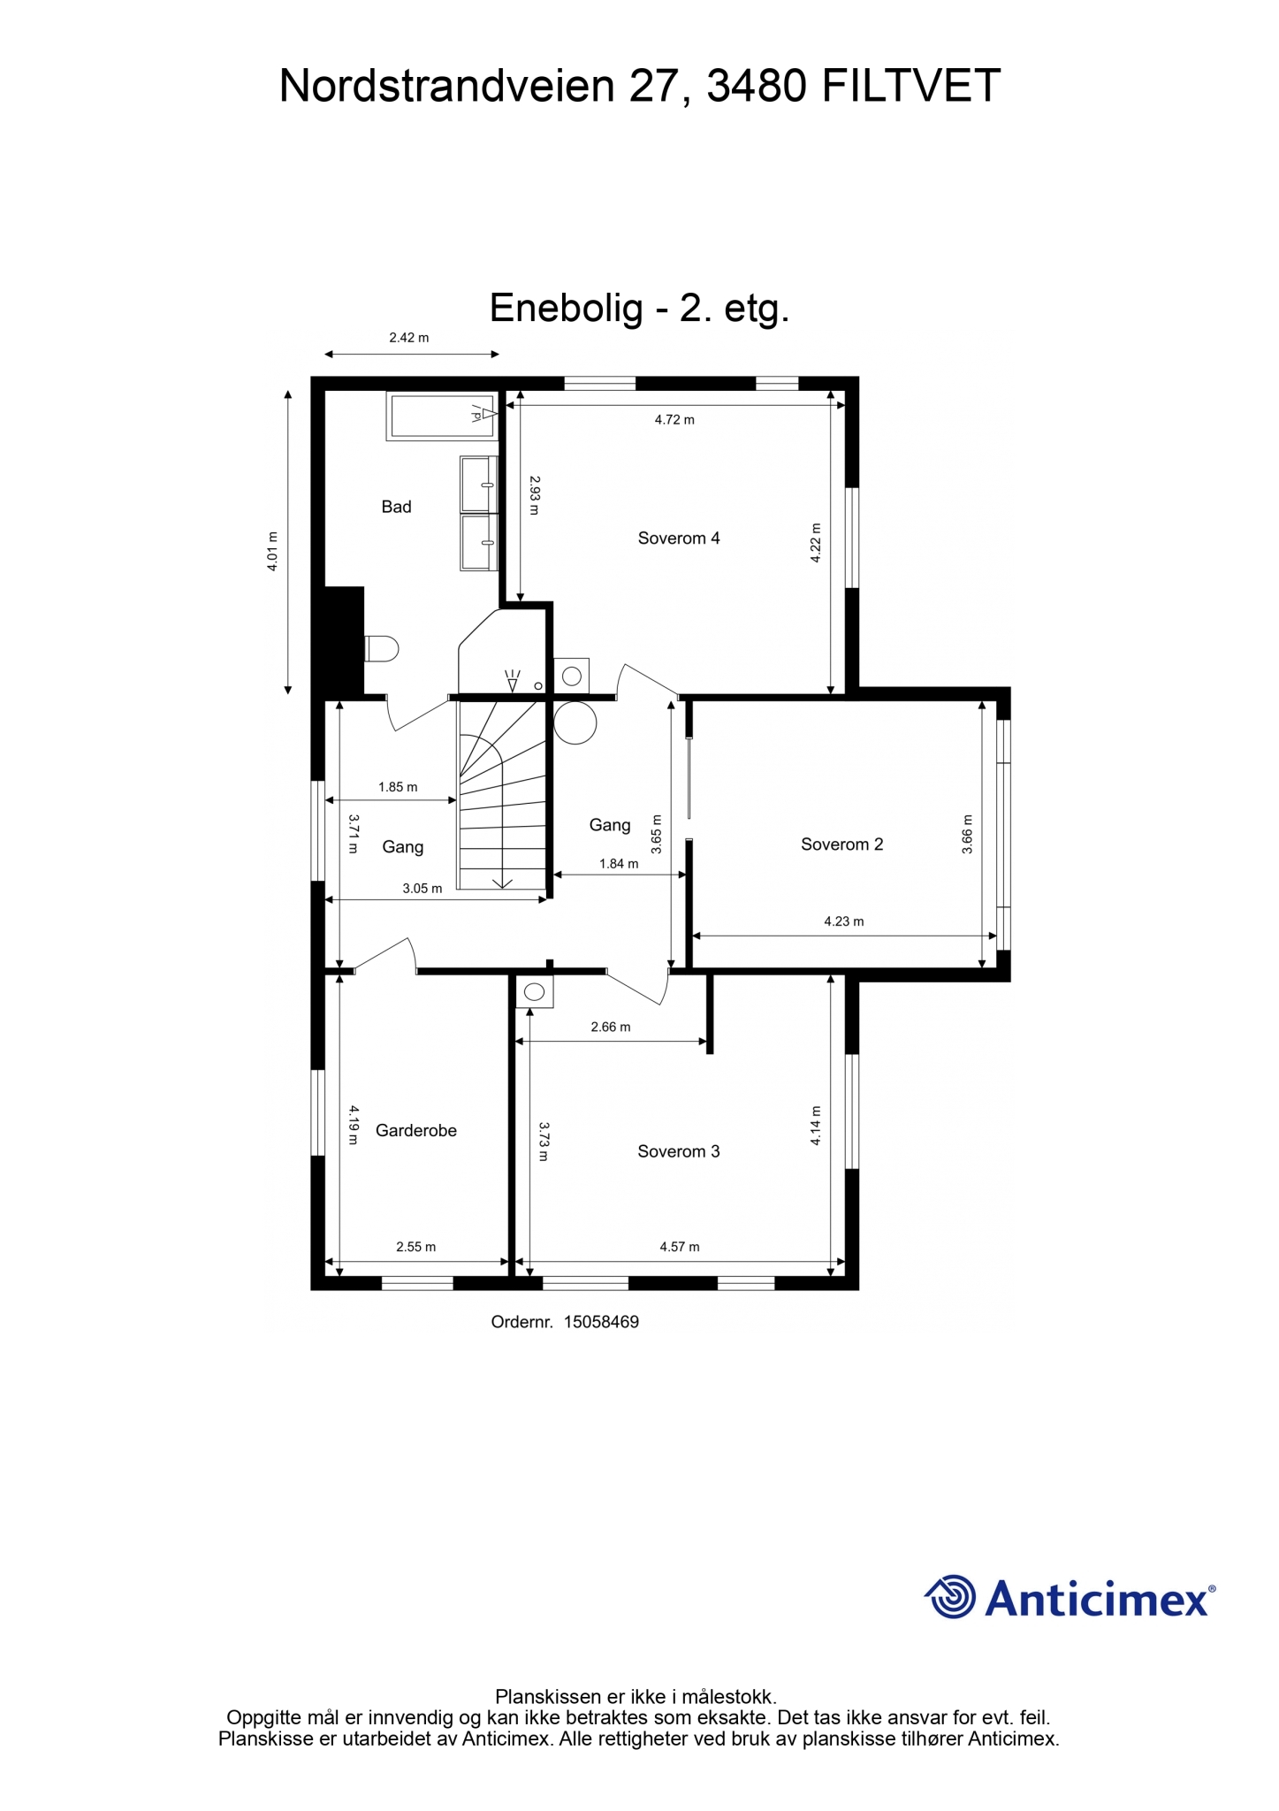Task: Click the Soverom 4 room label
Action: tap(679, 538)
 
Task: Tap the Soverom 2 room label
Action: tap(841, 844)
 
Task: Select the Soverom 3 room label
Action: tap(679, 1151)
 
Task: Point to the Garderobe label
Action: tap(415, 1130)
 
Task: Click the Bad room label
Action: tap(396, 507)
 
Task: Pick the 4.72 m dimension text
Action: tap(674, 420)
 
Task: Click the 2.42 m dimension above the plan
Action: tap(408, 337)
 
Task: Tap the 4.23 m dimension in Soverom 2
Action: tap(844, 921)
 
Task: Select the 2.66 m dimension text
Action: tap(611, 1028)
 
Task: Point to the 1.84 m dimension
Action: tap(619, 864)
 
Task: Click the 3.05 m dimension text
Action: tap(423, 889)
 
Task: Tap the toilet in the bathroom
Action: tap(381, 649)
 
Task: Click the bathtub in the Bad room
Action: tap(441, 416)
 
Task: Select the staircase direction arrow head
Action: tap(502, 883)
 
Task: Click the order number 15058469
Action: tap(601, 1322)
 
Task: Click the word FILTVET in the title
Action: tap(911, 87)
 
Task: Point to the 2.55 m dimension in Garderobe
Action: tap(415, 1247)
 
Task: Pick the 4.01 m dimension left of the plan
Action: tap(273, 551)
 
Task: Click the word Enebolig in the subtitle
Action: tap(567, 309)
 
